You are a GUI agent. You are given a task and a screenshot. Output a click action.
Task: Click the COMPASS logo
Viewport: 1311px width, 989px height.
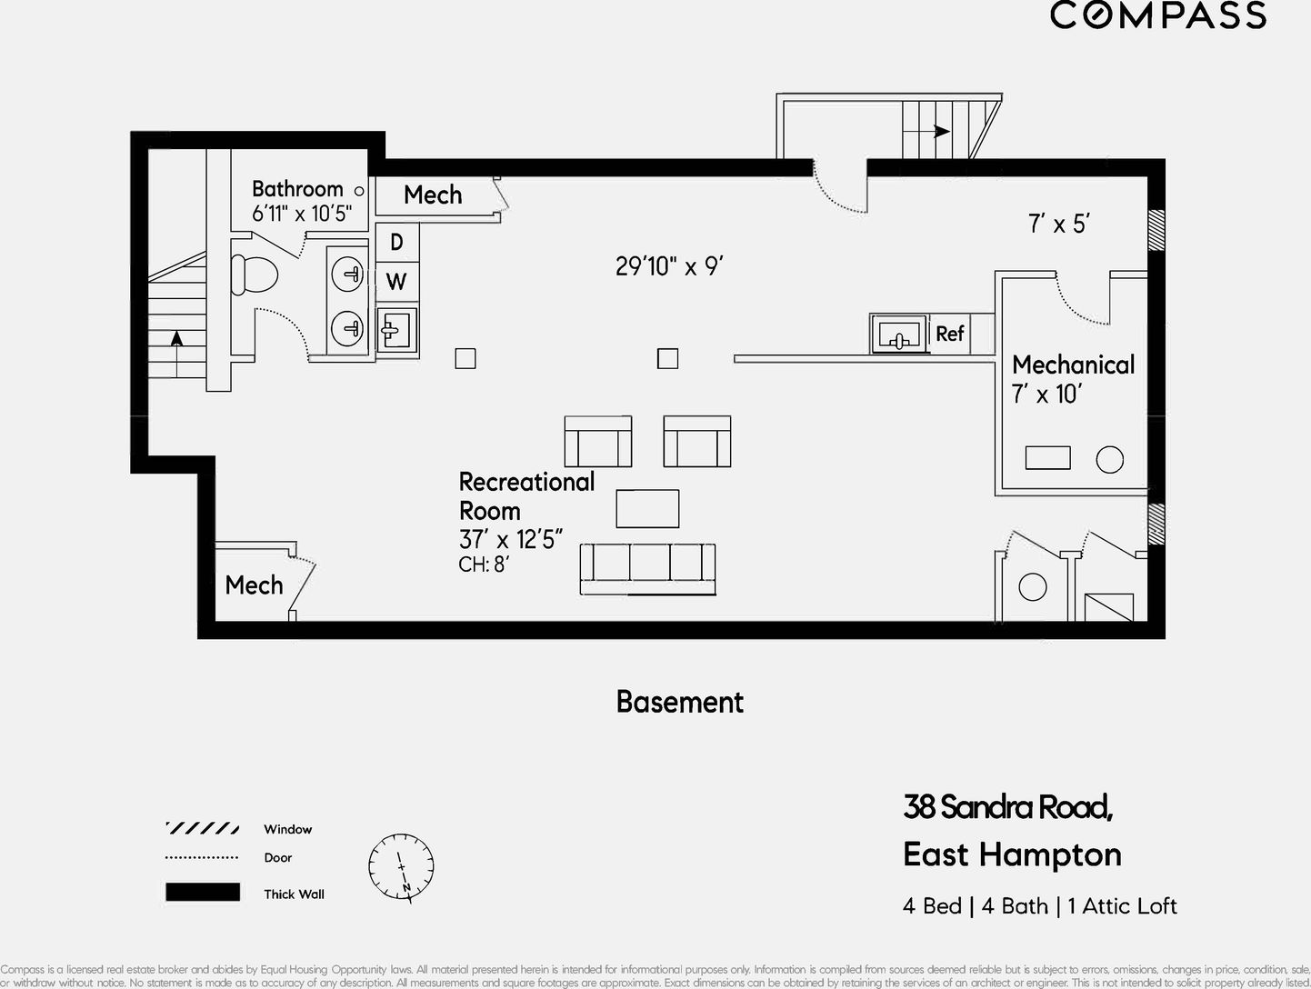click(x=1157, y=15)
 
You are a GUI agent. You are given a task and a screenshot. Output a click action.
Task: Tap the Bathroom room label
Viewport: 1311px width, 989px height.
click(x=297, y=189)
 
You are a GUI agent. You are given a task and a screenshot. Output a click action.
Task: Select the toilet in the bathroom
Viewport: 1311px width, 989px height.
click(x=254, y=274)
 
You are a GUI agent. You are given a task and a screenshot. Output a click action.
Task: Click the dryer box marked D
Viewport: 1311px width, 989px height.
click(x=396, y=243)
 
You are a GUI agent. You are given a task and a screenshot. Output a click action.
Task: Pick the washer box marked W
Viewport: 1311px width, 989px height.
click(x=396, y=282)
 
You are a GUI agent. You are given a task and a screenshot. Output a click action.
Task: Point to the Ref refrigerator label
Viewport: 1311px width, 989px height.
click(x=949, y=334)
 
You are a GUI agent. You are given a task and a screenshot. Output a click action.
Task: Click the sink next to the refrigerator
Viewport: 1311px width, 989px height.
click(x=898, y=335)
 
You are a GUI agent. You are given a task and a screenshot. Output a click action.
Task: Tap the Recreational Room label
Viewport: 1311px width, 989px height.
click(x=526, y=495)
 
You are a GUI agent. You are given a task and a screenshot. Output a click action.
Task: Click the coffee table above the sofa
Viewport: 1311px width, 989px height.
click(x=647, y=508)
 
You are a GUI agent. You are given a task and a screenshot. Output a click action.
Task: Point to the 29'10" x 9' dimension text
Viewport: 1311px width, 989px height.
click(x=669, y=266)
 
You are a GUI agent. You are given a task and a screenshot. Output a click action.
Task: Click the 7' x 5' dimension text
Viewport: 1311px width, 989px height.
click(x=1059, y=224)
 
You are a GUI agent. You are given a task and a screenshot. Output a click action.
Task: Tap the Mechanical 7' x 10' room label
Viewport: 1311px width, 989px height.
click(x=1073, y=378)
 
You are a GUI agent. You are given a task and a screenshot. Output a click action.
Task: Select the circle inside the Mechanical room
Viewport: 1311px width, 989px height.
click(x=1109, y=460)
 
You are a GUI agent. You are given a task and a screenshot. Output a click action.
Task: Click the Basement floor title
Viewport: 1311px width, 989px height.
click(x=679, y=702)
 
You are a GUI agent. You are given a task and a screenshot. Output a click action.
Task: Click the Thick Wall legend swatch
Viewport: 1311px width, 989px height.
click(x=203, y=893)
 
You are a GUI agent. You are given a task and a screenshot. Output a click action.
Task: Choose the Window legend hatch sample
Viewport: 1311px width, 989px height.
click(x=203, y=829)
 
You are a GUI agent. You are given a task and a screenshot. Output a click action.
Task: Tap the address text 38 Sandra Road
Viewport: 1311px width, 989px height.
click(x=1007, y=806)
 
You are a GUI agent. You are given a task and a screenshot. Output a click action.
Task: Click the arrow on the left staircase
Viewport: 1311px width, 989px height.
click(x=176, y=337)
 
